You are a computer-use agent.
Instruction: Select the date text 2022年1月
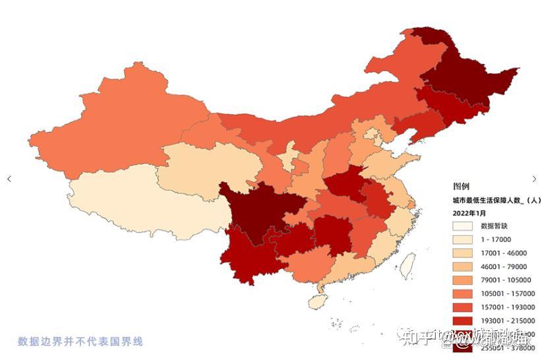point(469,213)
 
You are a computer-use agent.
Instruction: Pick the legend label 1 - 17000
point(496,239)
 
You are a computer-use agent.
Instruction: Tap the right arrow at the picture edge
point(534,179)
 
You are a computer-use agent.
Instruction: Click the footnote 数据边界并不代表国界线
point(80,342)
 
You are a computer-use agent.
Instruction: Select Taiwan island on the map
point(407,266)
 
